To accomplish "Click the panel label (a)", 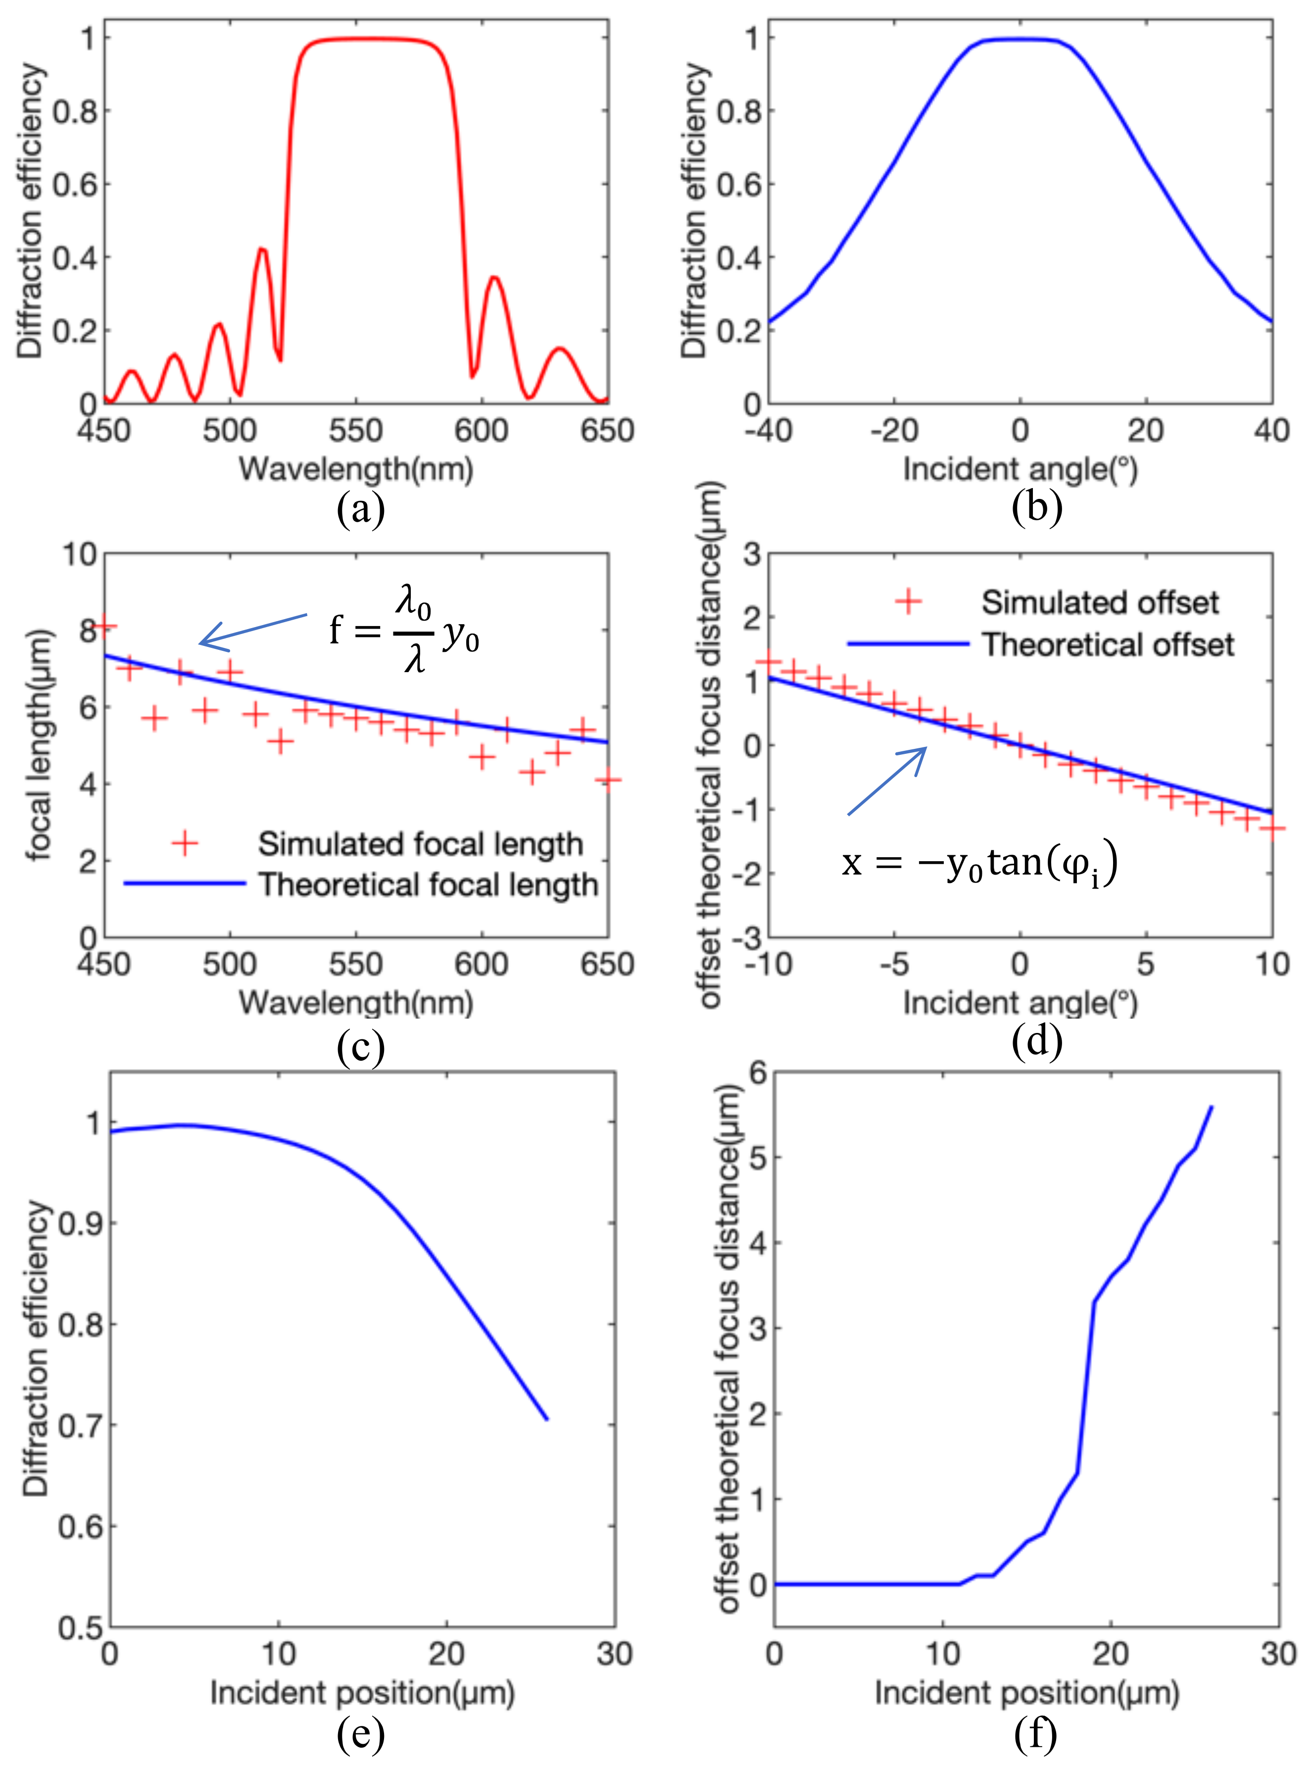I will (361, 509).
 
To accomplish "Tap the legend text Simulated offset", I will (1100, 603).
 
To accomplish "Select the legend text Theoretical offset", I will (1108, 644).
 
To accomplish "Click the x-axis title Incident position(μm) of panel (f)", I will (1027, 1693).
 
